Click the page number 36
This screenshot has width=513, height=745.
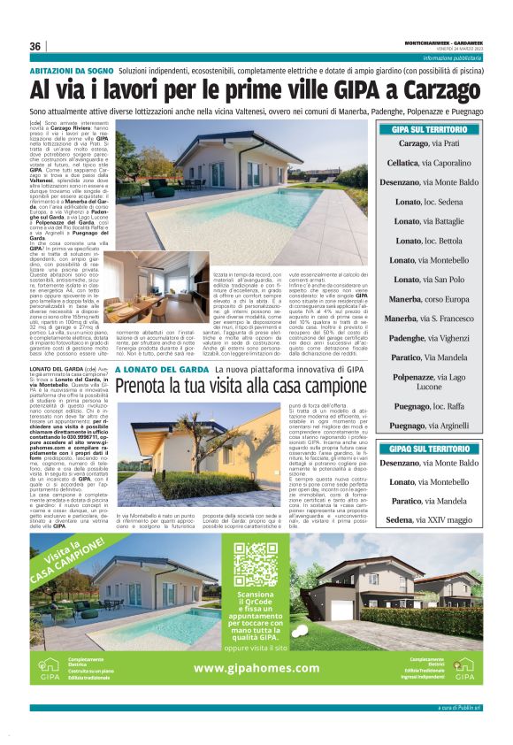click(x=35, y=46)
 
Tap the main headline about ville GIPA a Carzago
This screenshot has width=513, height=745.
click(x=256, y=90)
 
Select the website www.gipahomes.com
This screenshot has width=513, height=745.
click(x=256, y=668)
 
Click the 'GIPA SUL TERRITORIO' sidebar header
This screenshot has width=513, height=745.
click(x=435, y=129)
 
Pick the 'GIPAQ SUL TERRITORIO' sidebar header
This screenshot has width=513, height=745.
click(x=435, y=449)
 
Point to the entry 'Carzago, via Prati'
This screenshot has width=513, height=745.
click(x=435, y=143)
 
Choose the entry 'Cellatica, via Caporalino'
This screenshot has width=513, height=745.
click(x=435, y=163)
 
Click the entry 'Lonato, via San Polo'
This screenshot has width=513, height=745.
click(x=435, y=279)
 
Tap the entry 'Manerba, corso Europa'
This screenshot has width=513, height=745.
click(x=435, y=298)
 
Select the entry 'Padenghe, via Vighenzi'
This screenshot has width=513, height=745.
click(x=435, y=337)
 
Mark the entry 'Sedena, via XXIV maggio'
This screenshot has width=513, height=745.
click(x=435, y=519)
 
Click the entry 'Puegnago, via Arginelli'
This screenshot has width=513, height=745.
click(x=435, y=425)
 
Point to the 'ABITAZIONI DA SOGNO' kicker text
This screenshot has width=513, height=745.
click(x=71, y=69)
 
